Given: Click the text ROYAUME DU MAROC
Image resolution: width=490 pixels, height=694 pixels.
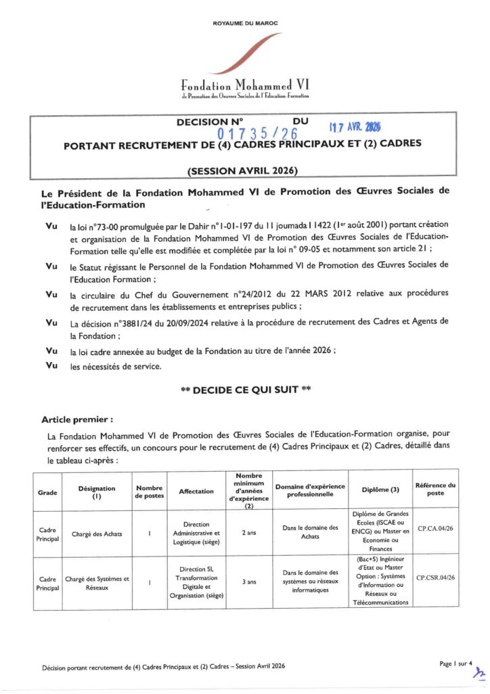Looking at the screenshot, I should click(x=245, y=23).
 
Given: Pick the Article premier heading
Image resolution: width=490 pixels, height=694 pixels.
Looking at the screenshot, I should click(x=77, y=419).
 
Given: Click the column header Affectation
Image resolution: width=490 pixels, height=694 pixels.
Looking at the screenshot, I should click(x=196, y=491).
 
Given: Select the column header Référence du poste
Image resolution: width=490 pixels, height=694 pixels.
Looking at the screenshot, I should click(x=435, y=489).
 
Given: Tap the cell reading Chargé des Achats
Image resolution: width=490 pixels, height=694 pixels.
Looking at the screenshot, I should click(x=94, y=533).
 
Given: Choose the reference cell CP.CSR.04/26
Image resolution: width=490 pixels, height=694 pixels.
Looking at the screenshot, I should click(x=435, y=577).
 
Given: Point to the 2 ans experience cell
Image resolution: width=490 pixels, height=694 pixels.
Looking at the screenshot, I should click(x=248, y=533).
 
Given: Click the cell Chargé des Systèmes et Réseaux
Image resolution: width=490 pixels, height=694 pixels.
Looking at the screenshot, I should click(x=97, y=583).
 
